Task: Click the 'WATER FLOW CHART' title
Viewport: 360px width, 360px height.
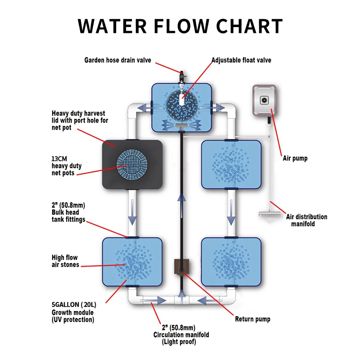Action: point(180,26)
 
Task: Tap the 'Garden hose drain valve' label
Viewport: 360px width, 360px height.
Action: point(118,60)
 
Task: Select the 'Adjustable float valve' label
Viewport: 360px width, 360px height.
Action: point(242,60)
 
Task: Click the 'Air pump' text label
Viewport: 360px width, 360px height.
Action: point(295,158)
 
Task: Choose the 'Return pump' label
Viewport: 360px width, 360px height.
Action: point(252,319)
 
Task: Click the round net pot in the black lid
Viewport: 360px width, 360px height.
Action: point(132,166)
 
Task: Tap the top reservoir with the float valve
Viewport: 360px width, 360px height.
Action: point(181,105)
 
